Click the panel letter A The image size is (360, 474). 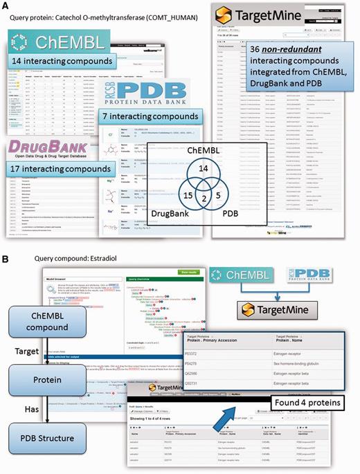click(6, 6)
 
